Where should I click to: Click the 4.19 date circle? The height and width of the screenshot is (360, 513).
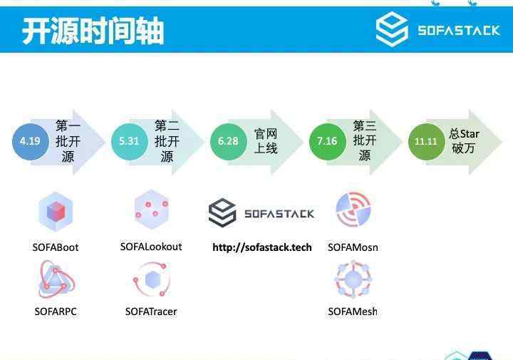point(30,141)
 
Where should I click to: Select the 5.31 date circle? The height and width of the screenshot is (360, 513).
point(129,141)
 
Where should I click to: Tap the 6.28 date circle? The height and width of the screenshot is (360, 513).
point(229,141)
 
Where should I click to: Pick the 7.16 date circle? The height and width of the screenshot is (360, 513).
point(328,141)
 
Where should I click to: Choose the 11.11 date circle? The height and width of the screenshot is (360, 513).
point(426,141)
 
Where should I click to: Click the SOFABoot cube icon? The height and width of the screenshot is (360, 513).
point(56,212)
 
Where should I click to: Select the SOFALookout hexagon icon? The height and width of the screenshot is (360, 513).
point(152,210)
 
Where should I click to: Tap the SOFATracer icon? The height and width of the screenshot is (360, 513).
point(152,279)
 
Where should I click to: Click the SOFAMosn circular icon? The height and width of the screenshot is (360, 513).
point(353,210)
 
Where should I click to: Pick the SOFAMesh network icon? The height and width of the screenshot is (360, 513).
point(353,279)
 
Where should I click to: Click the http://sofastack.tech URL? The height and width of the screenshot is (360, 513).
point(262,247)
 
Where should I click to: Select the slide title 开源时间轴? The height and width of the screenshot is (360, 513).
point(93,31)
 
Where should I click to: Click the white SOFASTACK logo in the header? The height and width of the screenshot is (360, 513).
point(438,29)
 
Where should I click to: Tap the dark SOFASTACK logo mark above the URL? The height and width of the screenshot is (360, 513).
point(222,212)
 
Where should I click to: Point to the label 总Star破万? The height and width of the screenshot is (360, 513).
point(464,141)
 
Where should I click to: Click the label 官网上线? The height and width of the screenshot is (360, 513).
point(266,141)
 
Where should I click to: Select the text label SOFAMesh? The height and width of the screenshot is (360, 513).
point(353,312)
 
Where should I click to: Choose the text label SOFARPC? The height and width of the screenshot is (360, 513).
point(56,312)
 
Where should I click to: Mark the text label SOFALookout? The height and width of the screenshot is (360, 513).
point(151,247)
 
